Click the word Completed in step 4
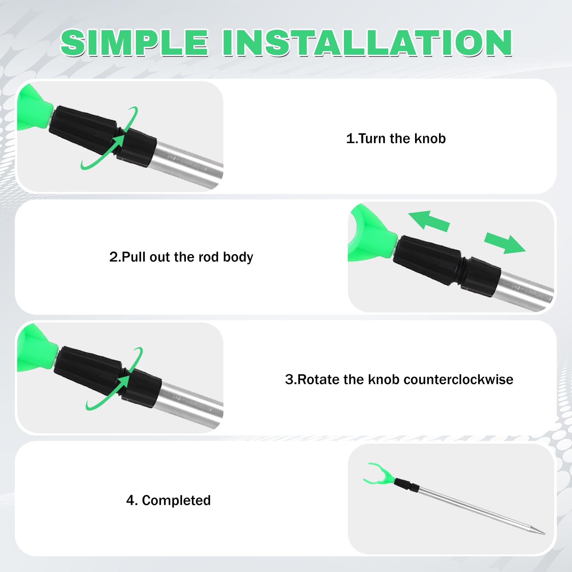tap(176, 500)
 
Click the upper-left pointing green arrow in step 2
tap(429, 221)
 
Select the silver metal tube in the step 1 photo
tap(187, 164)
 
